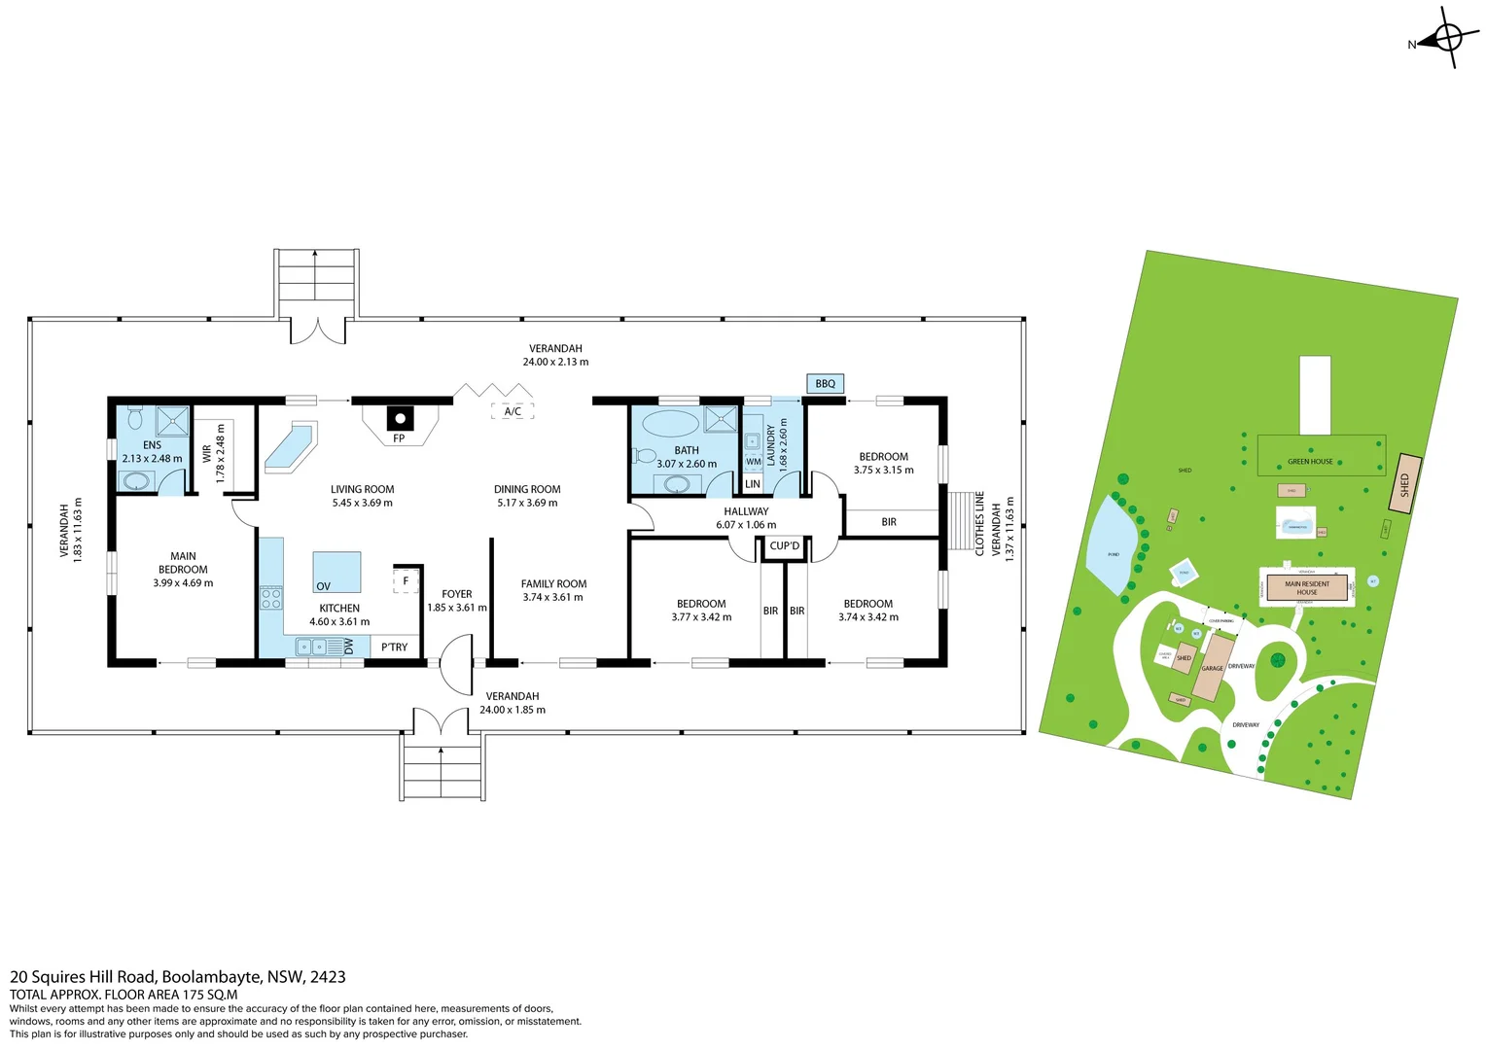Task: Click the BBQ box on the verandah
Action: (825, 384)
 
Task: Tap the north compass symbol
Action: (1446, 39)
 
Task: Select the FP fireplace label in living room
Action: (399, 438)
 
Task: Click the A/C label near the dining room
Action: (513, 411)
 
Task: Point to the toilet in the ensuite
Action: (135, 418)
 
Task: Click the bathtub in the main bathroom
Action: (672, 423)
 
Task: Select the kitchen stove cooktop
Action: (271, 598)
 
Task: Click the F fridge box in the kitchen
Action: (406, 581)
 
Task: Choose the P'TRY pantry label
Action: (394, 647)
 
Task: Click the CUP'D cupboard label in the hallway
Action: (784, 546)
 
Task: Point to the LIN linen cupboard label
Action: (753, 484)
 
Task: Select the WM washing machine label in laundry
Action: (754, 462)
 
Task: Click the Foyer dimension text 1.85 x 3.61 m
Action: (457, 608)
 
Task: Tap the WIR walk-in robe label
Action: (206, 453)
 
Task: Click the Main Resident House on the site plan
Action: (1306, 588)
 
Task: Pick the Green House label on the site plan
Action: (1310, 462)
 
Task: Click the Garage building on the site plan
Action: (1212, 668)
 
